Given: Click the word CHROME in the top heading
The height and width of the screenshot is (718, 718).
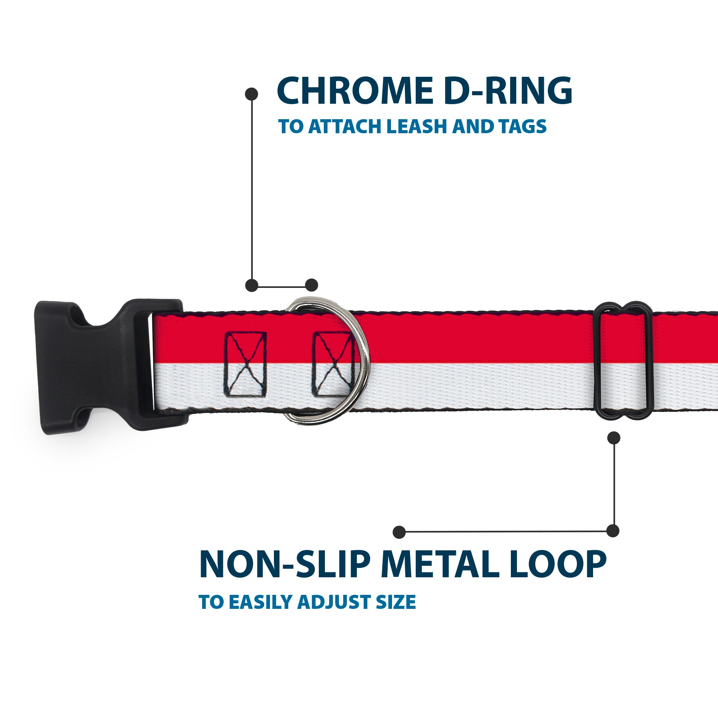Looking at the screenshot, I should click(x=355, y=91).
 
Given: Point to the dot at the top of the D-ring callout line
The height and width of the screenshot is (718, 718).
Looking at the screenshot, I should click(x=252, y=94).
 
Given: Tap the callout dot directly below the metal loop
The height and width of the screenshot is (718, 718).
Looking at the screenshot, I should click(x=614, y=438).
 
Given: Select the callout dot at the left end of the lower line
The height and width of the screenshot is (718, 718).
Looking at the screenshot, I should click(x=399, y=532).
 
